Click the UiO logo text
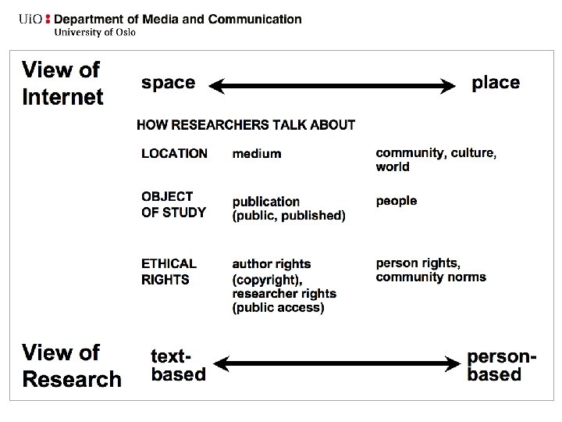(x=32, y=19)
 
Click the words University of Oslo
(x=94, y=32)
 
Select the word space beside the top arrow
(x=168, y=83)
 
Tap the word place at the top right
(x=496, y=83)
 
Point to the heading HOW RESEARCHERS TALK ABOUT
(x=246, y=124)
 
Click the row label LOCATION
(x=174, y=154)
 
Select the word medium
(x=256, y=154)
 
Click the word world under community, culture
(x=393, y=166)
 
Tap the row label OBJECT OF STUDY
(x=173, y=204)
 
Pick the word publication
(x=265, y=202)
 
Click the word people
(x=397, y=201)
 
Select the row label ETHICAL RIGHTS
(x=169, y=271)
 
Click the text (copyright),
(x=267, y=279)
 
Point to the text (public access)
(x=278, y=308)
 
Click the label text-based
(x=178, y=365)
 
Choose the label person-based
(x=502, y=365)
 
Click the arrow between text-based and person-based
(x=337, y=363)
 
